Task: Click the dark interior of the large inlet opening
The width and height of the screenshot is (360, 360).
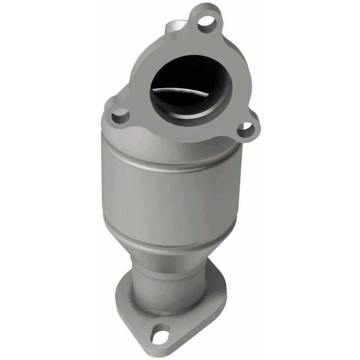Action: click(180, 76)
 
